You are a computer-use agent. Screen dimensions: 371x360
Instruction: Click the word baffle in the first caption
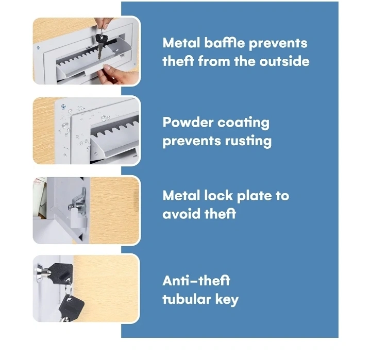point(224,43)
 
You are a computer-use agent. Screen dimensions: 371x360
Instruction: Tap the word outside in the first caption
point(284,61)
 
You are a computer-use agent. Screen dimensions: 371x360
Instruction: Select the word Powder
point(188,123)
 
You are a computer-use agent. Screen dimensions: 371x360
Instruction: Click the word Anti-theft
point(196,281)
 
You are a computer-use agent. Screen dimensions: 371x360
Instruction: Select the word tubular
point(187,299)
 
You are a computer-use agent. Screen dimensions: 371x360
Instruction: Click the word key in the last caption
point(227,300)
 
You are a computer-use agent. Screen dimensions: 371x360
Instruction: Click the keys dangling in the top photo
point(102,44)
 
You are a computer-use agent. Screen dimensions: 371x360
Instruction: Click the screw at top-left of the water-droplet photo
point(63,107)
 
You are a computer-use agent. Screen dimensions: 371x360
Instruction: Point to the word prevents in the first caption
point(278,44)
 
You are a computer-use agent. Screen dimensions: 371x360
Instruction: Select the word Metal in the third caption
point(181,196)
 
